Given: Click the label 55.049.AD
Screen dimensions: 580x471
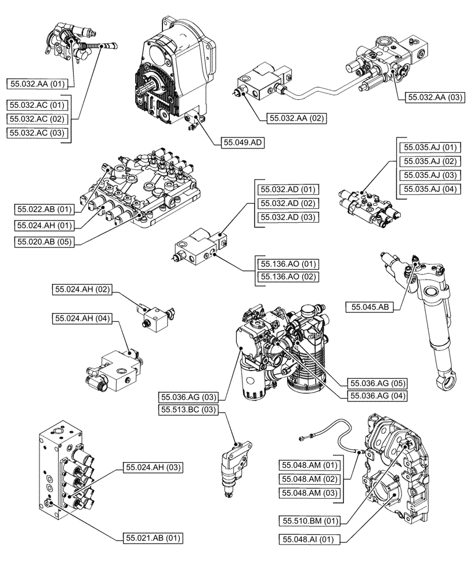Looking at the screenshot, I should (x=242, y=142).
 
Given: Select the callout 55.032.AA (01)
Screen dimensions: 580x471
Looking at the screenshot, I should (x=37, y=84).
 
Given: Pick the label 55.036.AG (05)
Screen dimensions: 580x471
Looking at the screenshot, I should (x=377, y=383).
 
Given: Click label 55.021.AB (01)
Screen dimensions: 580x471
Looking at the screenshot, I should (x=153, y=538).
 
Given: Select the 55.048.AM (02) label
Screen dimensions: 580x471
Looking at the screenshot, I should (x=309, y=479).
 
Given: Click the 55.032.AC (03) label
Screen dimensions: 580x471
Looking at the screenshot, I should (x=37, y=133).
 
